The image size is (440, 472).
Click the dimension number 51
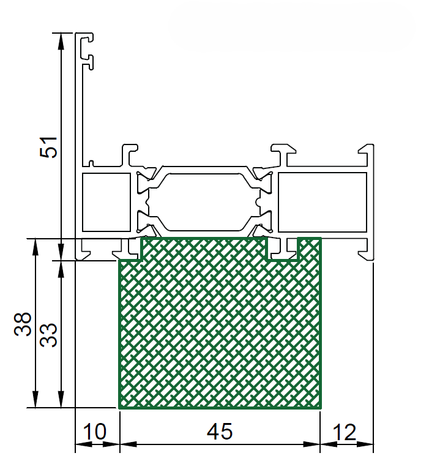[48, 147]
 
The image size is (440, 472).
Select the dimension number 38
[23, 324]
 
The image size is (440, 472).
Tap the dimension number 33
[48, 335]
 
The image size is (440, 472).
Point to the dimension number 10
[94, 432]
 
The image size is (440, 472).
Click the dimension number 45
[220, 432]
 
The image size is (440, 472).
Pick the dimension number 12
[345, 432]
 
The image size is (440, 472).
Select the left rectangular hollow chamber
[106, 202]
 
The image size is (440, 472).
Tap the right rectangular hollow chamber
[323, 202]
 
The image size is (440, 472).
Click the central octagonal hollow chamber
[204, 202]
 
